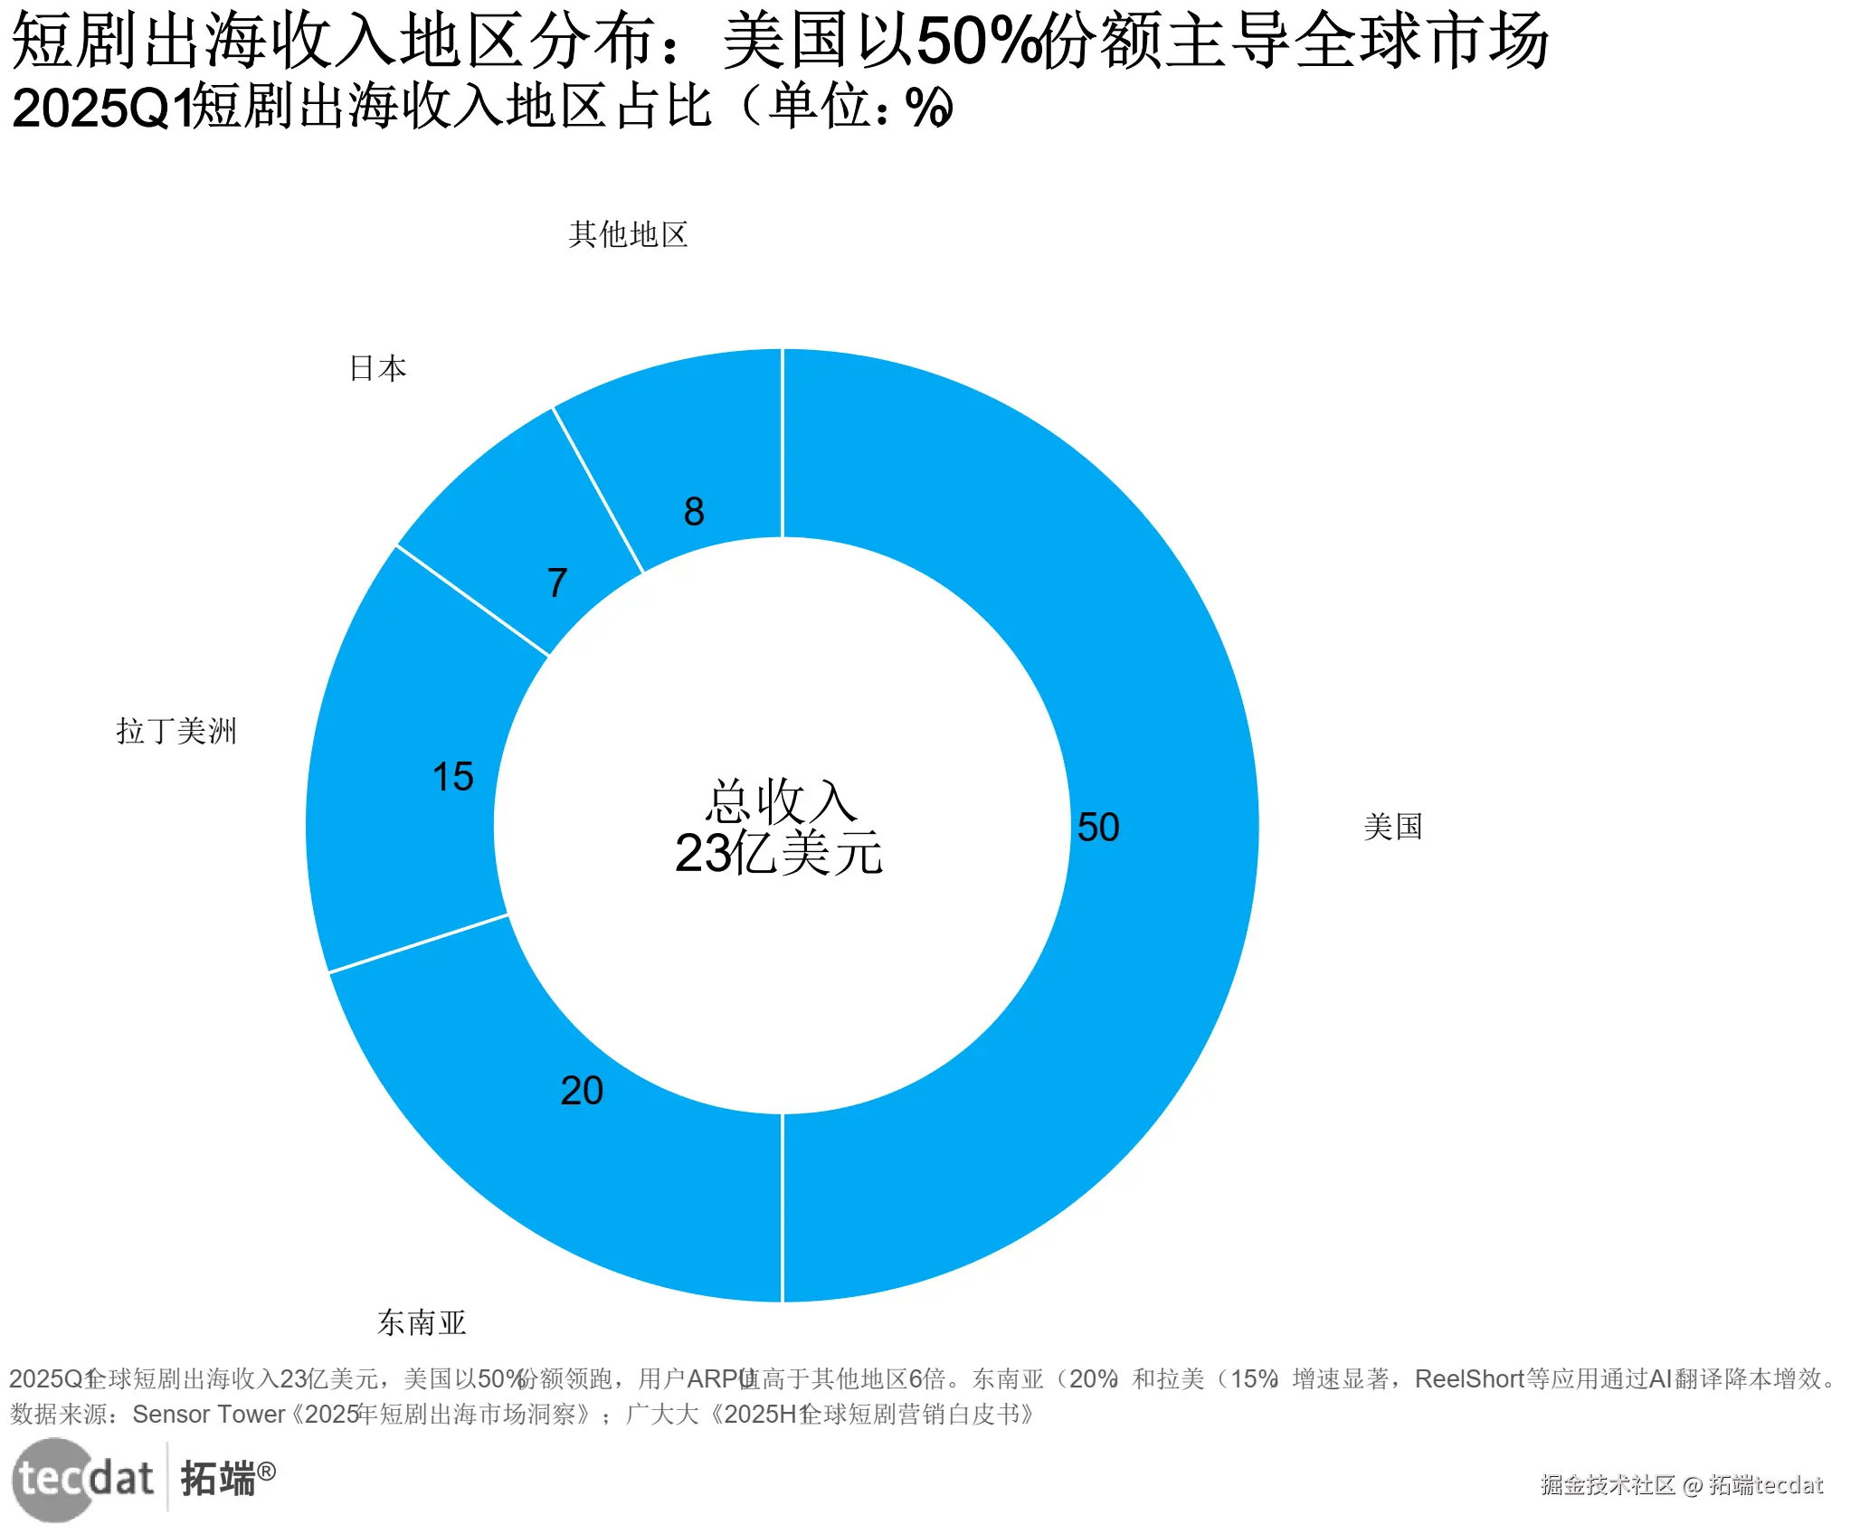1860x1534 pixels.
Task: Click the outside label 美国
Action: pos(1392,827)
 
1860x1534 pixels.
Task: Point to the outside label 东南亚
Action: pos(422,1323)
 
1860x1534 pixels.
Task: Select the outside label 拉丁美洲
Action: pos(176,731)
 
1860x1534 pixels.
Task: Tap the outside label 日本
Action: pos(378,369)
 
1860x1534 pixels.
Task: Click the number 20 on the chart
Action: pos(582,1091)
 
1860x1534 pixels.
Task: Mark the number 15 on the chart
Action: pos(453,777)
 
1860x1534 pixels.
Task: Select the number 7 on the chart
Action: pos(557,583)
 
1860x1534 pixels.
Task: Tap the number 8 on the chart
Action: pos(694,512)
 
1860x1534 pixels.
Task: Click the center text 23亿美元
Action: pos(778,853)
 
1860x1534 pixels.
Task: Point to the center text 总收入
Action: pos(780,801)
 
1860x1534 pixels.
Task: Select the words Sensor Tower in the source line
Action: pos(208,1415)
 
